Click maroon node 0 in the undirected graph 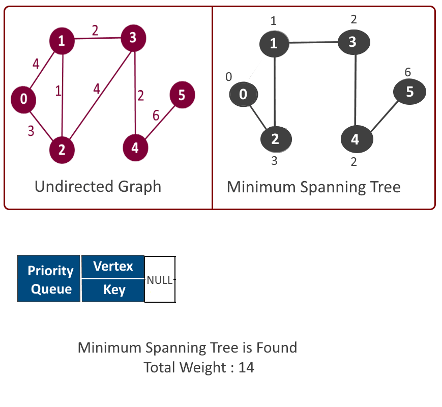[23, 100]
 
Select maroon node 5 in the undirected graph [182, 95]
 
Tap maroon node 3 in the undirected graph [133, 38]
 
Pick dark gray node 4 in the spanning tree [357, 139]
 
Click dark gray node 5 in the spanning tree [409, 92]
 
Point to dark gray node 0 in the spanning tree [244, 94]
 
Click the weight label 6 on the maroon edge [156, 115]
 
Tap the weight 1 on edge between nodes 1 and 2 [58, 91]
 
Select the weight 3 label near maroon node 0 [31, 131]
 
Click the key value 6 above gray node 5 [407, 72]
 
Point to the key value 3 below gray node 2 [274, 161]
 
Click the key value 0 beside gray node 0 [228, 77]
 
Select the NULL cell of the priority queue [160, 279]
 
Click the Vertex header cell [113, 266]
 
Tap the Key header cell [113, 290]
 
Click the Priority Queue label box [48, 279]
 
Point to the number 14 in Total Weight [246, 367]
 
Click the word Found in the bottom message [277, 347]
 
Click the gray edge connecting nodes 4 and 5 [385, 116]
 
